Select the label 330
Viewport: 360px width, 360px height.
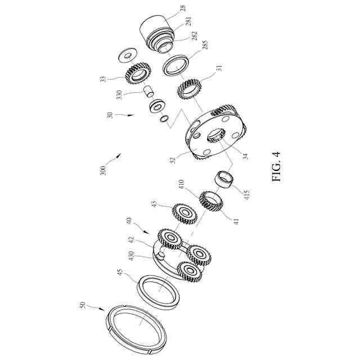click(119, 94)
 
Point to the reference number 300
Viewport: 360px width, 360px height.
click(103, 170)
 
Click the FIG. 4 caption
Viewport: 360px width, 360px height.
click(276, 166)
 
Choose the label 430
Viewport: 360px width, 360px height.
click(131, 256)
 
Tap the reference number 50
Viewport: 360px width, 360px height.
click(83, 305)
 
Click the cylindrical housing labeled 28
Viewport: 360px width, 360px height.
click(156, 34)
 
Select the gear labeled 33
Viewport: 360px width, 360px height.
click(138, 74)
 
